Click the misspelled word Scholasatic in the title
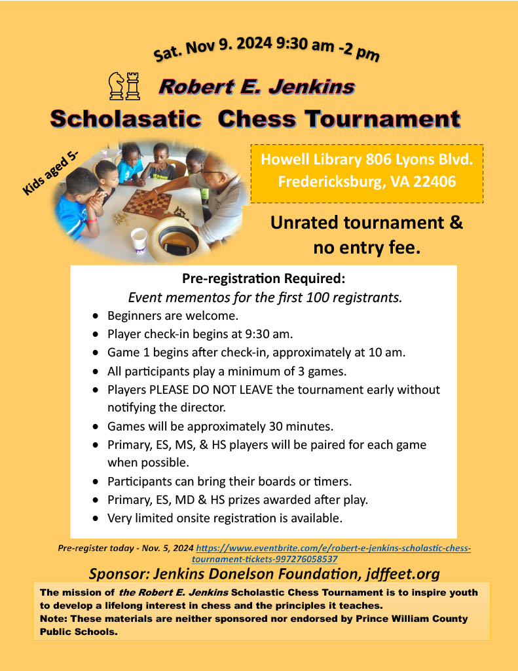pyautogui.click(x=125, y=119)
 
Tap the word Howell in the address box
pyautogui.click(x=285, y=159)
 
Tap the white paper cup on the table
pyautogui.click(x=138, y=239)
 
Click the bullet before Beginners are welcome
pyautogui.click(x=96, y=316)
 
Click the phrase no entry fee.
pyautogui.click(x=367, y=248)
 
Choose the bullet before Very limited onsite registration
pyautogui.click(x=96, y=518)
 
